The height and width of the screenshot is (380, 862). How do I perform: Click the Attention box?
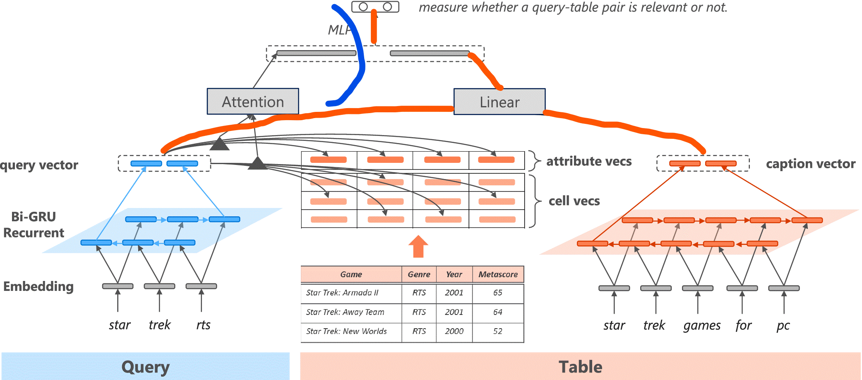(x=253, y=102)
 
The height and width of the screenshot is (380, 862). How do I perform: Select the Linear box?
(x=499, y=102)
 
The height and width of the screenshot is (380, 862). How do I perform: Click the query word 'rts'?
(x=203, y=325)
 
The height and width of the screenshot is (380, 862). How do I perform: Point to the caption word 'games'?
(x=702, y=326)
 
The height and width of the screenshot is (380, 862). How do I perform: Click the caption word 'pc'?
(x=783, y=326)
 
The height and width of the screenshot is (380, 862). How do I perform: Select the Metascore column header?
(x=498, y=274)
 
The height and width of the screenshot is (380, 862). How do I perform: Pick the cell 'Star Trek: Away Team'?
(x=345, y=312)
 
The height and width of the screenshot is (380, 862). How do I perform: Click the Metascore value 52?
(x=497, y=331)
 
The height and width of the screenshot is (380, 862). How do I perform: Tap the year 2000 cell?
(x=454, y=331)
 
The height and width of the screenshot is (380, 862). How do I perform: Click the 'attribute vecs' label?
(x=589, y=161)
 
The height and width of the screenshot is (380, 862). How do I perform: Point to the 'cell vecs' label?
(x=574, y=201)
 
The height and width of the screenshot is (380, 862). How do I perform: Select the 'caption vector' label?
(x=810, y=164)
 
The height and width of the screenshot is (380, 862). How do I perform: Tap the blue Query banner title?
(x=145, y=367)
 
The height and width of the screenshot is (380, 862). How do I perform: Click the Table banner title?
(x=580, y=367)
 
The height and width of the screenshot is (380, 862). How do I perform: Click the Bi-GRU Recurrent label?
(x=34, y=225)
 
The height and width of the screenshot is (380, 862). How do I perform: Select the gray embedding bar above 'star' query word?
(x=118, y=286)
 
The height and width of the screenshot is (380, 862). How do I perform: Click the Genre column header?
(x=419, y=274)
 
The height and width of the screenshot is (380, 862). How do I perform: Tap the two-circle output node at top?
(x=375, y=7)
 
